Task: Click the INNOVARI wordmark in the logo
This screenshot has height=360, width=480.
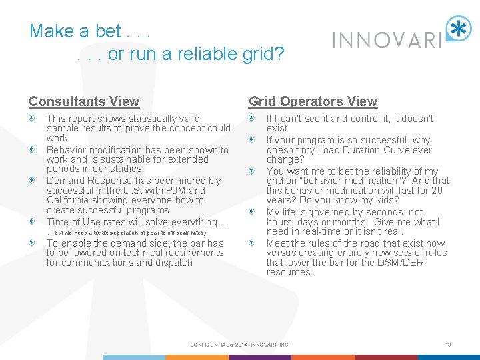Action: [x=387, y=40]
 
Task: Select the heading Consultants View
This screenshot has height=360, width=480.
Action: [x=84, y=101]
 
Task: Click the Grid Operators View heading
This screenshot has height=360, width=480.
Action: [x=313, y=101]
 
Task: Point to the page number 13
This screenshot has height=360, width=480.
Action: [x=448, y=345]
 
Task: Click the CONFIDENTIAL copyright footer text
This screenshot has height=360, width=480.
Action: [x=239, y=345]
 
